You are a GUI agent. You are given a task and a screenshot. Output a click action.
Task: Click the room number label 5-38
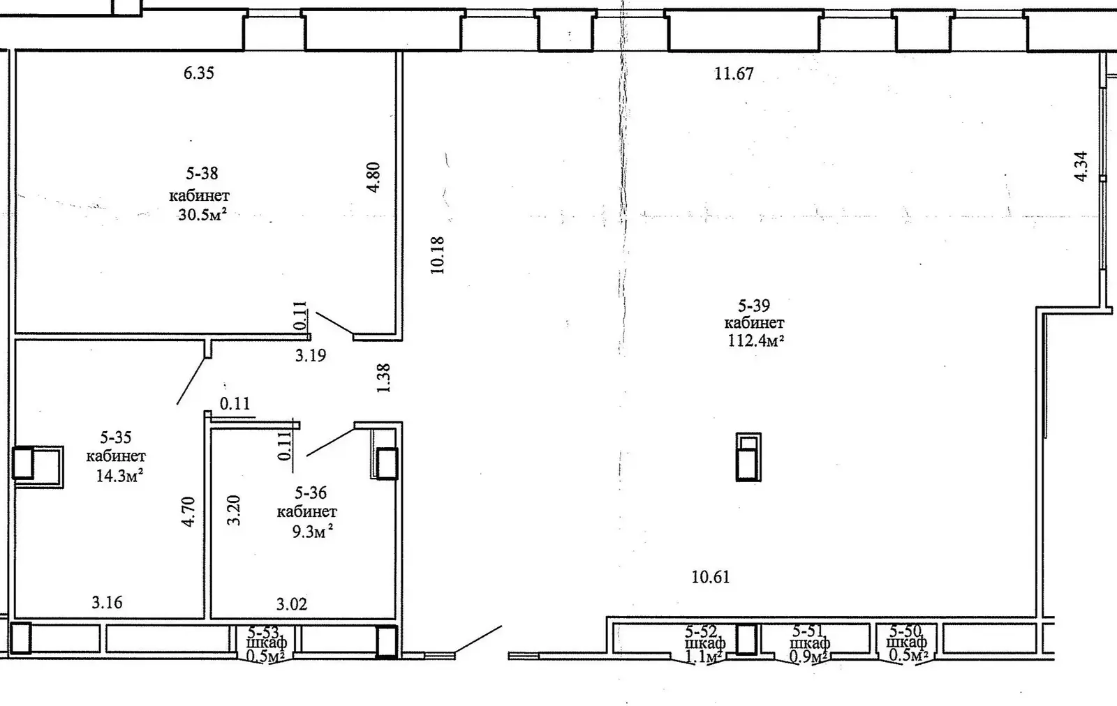[202, 173]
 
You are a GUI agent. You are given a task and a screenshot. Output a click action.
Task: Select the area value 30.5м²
[202, 214]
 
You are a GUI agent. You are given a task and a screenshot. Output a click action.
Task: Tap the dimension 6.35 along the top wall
[199, 73]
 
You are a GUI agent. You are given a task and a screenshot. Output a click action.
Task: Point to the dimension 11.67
[734, 73]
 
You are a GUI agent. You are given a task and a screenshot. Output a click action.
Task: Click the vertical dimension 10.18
[438, 255]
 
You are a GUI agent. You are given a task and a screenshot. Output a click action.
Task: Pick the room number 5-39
[754, 306]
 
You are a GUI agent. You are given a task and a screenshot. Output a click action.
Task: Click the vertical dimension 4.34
[1081, 166]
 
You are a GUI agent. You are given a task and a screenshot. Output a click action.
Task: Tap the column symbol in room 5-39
[748, 457]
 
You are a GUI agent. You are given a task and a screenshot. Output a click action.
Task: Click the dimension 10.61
[711, 577]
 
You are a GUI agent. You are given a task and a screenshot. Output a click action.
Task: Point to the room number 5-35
[116, 438]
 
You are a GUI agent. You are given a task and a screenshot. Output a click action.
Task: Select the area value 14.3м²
[119, 477]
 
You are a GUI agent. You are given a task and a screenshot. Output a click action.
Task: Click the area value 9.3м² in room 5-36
[311, 532]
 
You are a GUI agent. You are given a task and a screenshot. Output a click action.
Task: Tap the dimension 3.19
[311, 356]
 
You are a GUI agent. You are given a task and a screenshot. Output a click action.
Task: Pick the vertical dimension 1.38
[383, 377]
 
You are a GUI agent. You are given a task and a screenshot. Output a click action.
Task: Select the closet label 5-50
[906, 631]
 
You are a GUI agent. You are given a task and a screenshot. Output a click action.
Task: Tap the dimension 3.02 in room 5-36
[292, 604]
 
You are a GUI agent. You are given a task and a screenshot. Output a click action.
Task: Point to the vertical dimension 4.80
[373, 177]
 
